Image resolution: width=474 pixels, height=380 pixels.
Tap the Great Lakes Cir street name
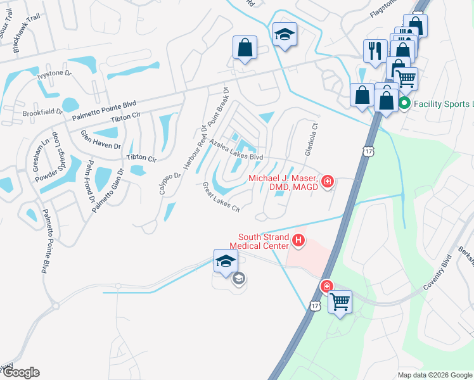[x=221, y=198]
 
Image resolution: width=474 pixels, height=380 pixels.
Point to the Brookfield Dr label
[x=43, y=112]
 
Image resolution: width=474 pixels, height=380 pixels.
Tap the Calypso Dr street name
[x=168, y=182]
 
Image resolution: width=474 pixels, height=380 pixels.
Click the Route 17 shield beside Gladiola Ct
[x=369, y=150]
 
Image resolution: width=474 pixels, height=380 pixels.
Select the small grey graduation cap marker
[x=238, y=279]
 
